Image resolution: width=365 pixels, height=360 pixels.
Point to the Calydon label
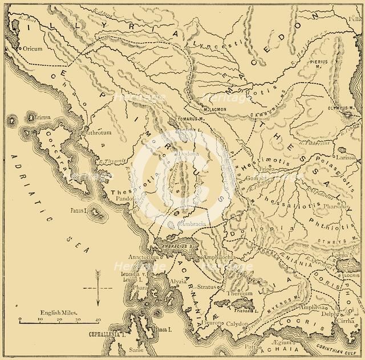[x=254, y=324]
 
